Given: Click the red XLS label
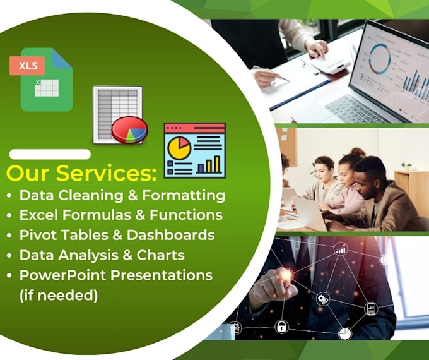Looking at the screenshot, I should tap(26, 65).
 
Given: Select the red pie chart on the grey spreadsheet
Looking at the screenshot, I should tap(129, 130).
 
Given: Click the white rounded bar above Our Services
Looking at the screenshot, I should tap(50, 154).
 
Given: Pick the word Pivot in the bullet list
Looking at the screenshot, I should tap(35, 235).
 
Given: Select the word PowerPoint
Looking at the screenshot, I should tap(61, 275).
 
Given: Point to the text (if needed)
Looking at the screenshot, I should tap(59, 295).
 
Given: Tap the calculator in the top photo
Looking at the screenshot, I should tap(327, 63).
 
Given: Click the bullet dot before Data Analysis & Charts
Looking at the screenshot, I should tap(9, 256).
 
